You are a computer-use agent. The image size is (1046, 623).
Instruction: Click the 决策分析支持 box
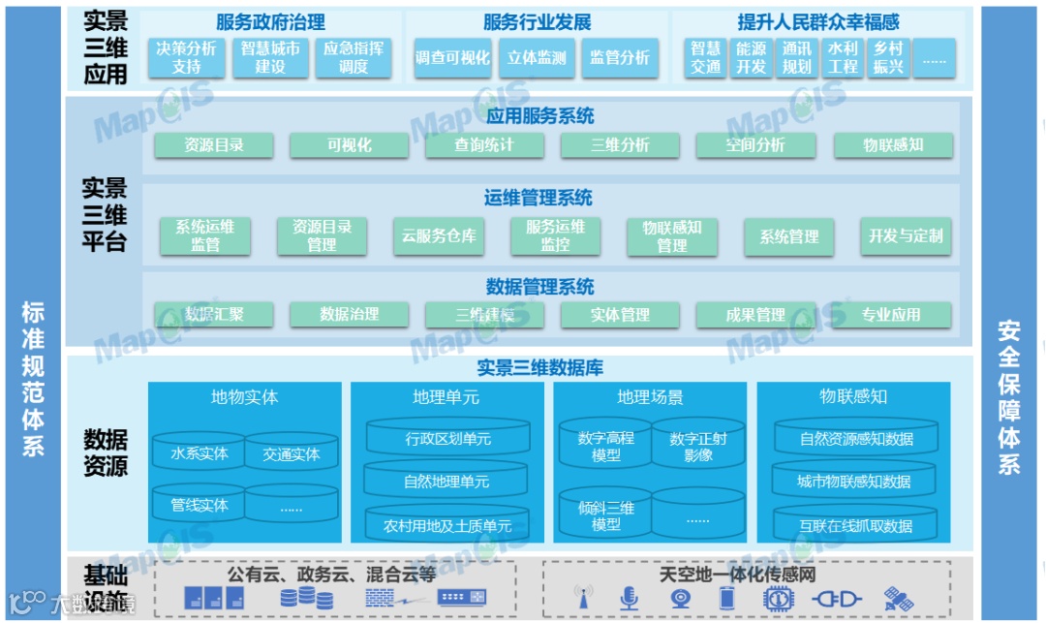[x=187, y=57]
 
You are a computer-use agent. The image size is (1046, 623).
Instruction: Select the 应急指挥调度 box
[x=354, y=57]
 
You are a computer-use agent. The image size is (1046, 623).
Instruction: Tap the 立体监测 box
[x=537, y=58]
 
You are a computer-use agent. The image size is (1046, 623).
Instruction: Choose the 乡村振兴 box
[x=888, y=57]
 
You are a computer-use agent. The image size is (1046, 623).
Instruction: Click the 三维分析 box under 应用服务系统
[x=620, y=145]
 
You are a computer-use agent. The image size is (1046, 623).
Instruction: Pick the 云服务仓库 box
[x=439, y=235]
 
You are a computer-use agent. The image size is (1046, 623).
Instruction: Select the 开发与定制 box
[x=906, y=235]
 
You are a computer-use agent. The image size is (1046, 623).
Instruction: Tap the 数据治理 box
[x=350, y=315]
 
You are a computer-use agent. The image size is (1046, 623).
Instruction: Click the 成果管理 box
[x=755, y=315]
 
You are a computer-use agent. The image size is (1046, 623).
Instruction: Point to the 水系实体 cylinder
[x=200, y=453]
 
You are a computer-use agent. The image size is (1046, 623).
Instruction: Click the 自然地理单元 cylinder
[x=446, y=481]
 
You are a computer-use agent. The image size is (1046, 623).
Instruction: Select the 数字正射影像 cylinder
[x=697, y=447]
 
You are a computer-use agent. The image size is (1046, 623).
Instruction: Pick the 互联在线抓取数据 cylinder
[x=855, y=525]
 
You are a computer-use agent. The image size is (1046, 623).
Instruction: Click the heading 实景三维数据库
[x=539, y=368]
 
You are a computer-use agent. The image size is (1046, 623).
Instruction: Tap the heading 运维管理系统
[x=538, y=199]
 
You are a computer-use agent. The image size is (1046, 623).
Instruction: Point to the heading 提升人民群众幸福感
[x=818, y=22]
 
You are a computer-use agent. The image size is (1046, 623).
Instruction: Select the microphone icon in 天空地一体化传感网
[x=630, y=598]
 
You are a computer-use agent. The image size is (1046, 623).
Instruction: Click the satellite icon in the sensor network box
[x=897, y=598]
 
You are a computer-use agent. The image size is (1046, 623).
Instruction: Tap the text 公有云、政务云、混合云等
[x=332, y=574]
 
